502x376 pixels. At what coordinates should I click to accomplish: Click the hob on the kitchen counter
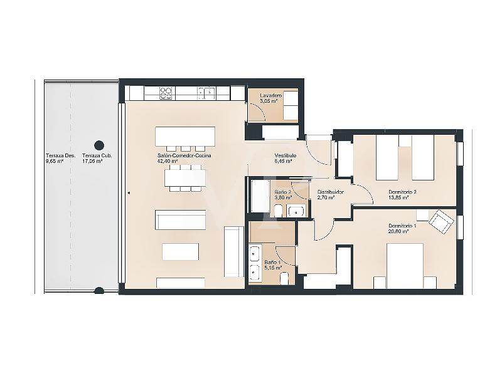click(x=166, y=93)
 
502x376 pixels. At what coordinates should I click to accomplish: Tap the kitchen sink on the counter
click(x=206, y=93)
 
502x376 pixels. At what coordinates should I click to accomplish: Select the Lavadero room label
click(x=263, y=95)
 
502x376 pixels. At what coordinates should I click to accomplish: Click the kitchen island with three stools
click(x=185, y=135)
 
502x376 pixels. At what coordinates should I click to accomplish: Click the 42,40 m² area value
click(x=168, y=161)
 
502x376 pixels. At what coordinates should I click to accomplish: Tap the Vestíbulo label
click(x=286, y=155)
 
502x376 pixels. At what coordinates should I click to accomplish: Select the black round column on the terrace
click(x=98, y=145)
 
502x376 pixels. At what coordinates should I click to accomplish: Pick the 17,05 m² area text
click(x=93, y=161)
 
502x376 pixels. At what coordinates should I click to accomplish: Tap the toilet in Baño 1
click(x=284, y=278)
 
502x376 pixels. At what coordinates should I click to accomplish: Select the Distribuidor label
click(x=330, y=192)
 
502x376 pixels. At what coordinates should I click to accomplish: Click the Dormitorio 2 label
click(x=403, y=192)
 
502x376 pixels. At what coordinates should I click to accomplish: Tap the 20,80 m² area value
click(x=399, y=231)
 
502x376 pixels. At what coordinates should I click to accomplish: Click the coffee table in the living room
click(x=180, y=251)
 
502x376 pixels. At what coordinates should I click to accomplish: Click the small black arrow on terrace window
click(x=127, y=194)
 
